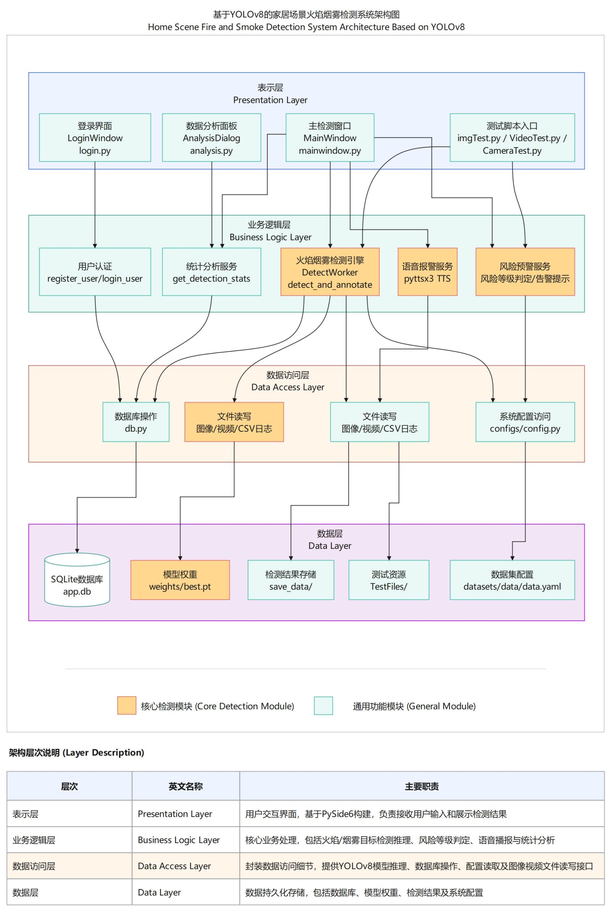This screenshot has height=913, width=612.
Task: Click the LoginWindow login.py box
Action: (95, 138)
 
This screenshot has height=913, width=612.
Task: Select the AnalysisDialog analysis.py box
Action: (211, 138)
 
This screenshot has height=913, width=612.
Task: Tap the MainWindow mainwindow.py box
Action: (330, 138)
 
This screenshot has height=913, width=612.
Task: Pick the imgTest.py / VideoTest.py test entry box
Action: (512, 138)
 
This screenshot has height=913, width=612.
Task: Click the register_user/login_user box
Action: (95, 272)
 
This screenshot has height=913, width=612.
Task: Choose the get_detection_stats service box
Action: (211, 272)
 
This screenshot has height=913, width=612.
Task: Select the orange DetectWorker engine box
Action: (330, 272)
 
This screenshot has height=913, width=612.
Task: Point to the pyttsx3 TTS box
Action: (427, 272)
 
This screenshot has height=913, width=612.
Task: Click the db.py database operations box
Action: (136, 422)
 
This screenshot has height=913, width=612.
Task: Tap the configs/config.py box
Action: (525, 422)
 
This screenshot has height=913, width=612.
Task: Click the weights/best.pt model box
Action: (180, 580)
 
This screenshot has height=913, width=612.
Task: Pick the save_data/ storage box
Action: (290, 580)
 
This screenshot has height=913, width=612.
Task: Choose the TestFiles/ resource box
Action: (388, 580)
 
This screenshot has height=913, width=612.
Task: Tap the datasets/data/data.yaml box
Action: (512, 580)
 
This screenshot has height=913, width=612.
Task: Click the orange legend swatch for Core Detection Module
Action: (127, 706)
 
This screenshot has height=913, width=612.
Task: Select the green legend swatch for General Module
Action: (323, 706)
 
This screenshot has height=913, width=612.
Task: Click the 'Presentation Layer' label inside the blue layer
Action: (270, 100)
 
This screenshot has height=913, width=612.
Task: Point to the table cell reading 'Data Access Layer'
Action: (174, 866)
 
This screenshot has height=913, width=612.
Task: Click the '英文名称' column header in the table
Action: (185, 786)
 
